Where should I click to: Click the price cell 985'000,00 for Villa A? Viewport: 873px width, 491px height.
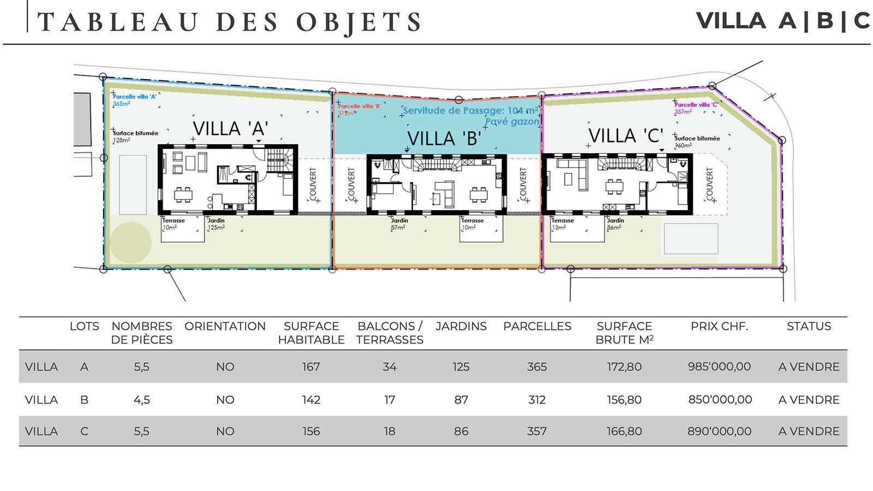tap(719, 367)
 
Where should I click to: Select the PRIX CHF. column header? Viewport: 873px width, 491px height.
tap(719, 326)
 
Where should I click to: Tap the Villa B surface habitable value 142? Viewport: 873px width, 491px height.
tap(311, 400)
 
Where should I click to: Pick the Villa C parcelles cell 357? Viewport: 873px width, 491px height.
tap(537, 431)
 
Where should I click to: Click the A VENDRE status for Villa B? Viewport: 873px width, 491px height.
tap(809, 400)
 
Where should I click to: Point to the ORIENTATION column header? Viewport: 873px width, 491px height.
tap(225, 326)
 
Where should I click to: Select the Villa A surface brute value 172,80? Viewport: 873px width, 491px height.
tap(624, 367)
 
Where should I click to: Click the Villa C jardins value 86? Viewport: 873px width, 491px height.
tap(461, 431)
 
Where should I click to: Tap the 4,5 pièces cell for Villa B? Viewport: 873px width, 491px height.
tap(141, 400)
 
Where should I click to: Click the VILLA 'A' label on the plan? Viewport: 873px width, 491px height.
tap(230, 129)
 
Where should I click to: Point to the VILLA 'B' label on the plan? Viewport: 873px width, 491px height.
tap(444, 139)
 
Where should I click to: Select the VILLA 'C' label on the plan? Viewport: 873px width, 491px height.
tap(626, 135)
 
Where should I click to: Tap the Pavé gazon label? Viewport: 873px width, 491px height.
tap(512, 122)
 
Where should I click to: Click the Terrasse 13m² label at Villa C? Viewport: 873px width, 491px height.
tap(563, 224)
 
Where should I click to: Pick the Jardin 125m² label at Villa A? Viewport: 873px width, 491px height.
tap(216, 224)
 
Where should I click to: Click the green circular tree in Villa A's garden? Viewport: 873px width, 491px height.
tap(130, 243)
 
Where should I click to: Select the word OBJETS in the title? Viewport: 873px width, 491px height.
tap(358, 23)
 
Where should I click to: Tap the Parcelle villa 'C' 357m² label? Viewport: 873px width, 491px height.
tap(696, 107)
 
